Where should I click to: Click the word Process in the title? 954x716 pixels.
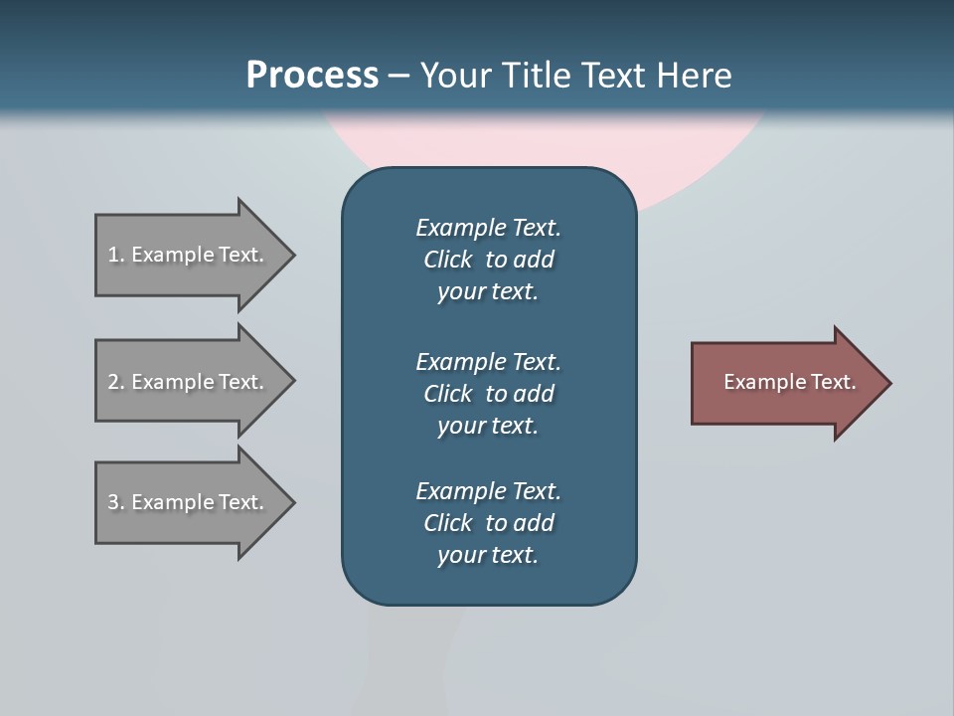(312, 76)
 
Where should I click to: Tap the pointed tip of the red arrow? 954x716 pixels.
(886, 383)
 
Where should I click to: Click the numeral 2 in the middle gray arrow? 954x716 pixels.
(113, 382)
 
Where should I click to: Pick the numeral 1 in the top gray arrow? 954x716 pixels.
(113, 255)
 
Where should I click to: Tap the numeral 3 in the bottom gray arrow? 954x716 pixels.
(113, 502)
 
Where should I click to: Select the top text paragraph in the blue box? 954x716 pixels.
(488, 260)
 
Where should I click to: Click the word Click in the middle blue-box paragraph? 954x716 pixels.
(448, 394)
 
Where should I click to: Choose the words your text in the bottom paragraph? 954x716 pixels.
(488, 555)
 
